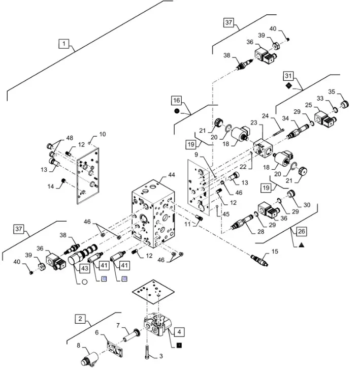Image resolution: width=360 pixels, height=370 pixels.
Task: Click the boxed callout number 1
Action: (64, 44)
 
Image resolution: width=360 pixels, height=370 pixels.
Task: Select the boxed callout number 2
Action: (80, 319)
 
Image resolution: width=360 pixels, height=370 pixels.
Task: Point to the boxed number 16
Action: (176, 100)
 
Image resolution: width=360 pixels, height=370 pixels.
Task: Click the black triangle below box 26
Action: (301, 244)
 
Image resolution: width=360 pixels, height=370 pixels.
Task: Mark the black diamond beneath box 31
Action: (288, 86)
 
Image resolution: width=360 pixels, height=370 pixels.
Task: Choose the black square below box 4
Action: (179, 345)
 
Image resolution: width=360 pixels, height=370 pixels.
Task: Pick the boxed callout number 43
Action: (84, 268)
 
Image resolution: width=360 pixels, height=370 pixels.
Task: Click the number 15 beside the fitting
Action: (274, 252)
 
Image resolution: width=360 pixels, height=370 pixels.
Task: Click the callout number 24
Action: (278, 116)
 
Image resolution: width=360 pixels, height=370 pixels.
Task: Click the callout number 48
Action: (70, 137)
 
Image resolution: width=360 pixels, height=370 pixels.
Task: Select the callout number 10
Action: (103, 135)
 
